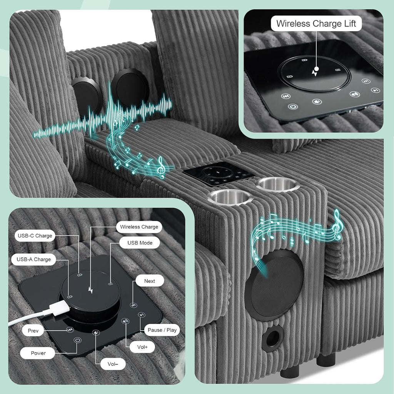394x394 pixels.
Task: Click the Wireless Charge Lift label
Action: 316,23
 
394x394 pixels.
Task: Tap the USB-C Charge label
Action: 35,236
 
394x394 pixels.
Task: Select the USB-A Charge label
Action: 34,259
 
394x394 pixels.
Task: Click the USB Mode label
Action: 140,243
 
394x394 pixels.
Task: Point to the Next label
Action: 150,281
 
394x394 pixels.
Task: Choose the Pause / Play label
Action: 162,330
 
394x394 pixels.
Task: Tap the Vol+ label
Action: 142,347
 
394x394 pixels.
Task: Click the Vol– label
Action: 113,364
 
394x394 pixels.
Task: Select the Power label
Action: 38,353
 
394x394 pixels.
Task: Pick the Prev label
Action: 33,331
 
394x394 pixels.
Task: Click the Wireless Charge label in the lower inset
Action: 139,227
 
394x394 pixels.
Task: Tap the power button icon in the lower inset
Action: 78,341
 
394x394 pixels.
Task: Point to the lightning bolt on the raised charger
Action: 91,290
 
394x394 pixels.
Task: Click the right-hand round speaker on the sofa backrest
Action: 130,87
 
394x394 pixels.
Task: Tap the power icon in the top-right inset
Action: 293,107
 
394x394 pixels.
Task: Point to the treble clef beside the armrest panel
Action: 161,167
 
